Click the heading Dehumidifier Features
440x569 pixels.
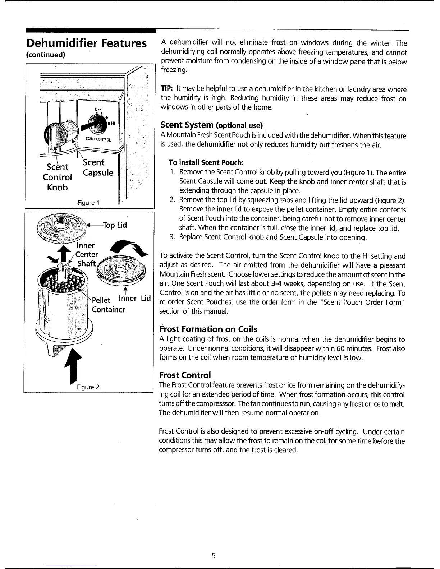point(86,43)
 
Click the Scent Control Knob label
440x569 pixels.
point(58,177)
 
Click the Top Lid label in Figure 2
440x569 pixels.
point(115,225)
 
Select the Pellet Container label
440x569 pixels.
point(108,305)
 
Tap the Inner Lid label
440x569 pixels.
point(135,298)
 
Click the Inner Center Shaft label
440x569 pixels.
point(86,254)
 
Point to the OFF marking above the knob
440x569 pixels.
point(97,110)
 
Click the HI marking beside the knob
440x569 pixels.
point(112,124)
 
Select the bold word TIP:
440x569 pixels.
point(165,89)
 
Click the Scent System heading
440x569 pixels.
point(212,125)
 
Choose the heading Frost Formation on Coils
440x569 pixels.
point(208,329)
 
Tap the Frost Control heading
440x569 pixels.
point(185,375)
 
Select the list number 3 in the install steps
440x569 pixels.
point(173,237)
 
